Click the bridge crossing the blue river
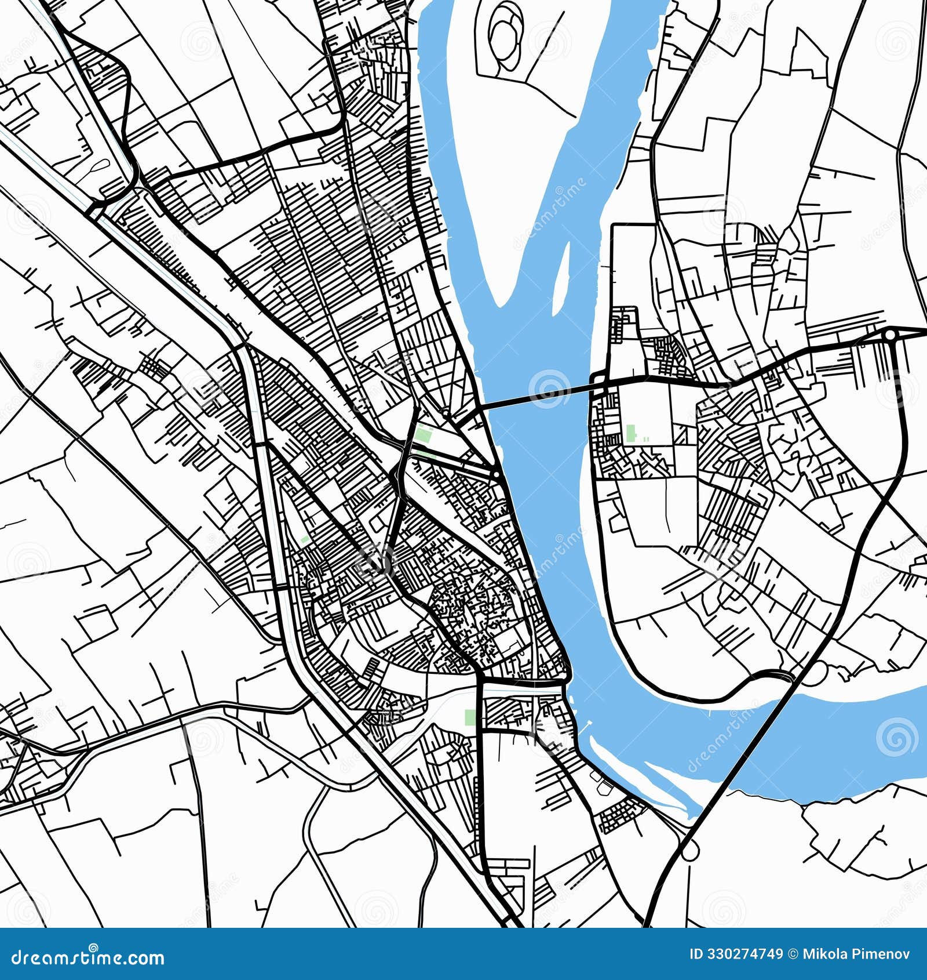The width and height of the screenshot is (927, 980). click(x=539, y=395)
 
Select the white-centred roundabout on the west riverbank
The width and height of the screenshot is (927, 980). click(x=497, y=475)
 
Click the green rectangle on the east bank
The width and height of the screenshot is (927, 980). click(x=630, y=433)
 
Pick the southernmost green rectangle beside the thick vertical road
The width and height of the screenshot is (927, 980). click(x=470, y=717)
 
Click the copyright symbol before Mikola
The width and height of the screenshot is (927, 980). click(x=793, y=954)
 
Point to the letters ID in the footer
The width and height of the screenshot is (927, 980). click(x=696, y=954)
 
